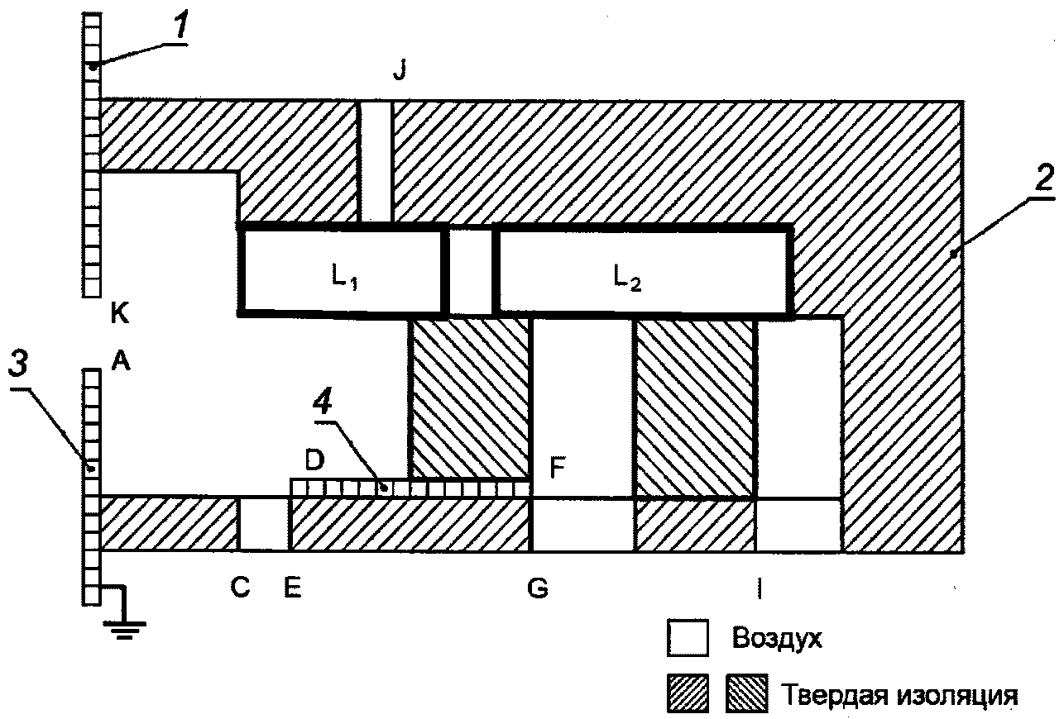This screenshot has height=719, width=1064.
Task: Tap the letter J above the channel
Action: (400, 72)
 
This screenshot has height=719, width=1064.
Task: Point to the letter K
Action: (120, 312)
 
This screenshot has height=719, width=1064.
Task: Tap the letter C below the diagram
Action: (240, 588)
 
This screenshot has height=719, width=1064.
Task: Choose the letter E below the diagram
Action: (293, 588)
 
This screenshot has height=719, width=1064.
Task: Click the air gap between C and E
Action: (264, 524)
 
